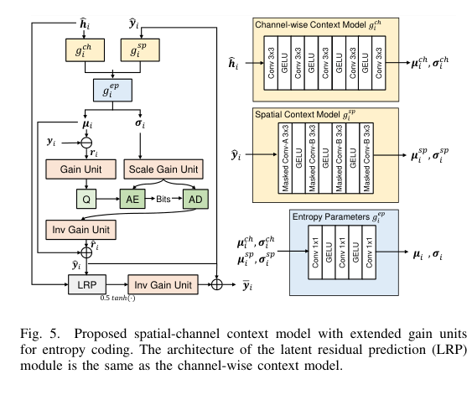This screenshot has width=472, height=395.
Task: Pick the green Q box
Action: pos(86,199)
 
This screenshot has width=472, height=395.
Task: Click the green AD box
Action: pos(195,199)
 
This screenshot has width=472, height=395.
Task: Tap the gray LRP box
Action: pos(86,285)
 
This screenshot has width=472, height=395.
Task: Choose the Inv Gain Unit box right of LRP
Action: pos(161,285)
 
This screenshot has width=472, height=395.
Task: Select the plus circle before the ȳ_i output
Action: pos(220,285)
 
